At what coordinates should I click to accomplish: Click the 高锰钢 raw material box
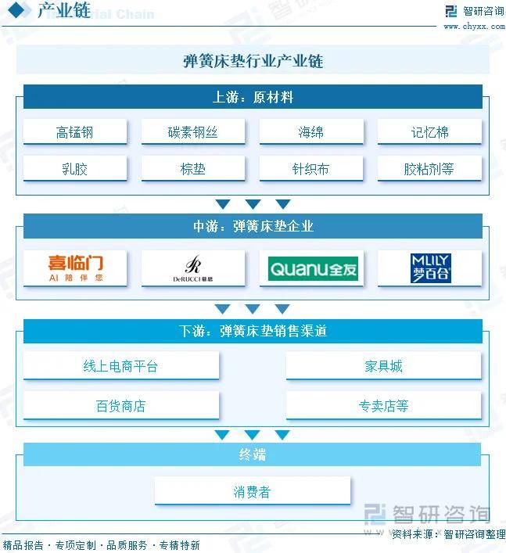click(74, 132)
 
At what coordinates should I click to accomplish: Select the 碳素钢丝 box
click(192, 132)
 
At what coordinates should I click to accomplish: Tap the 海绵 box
click(310, 132)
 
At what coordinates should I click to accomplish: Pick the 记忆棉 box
click(429, 132)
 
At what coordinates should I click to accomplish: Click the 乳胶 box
click(74, 168)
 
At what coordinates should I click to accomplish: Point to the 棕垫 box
click(192, 168)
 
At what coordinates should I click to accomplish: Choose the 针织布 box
click(310, 168)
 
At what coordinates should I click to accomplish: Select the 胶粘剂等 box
click(429, 168)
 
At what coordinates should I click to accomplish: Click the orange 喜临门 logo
click(75, 268)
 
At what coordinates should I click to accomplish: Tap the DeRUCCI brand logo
click(192, 268)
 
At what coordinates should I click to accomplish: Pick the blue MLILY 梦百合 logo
click(430, 268)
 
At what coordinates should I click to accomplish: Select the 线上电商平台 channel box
click(120, 366)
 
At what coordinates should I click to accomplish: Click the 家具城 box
click(383, 366)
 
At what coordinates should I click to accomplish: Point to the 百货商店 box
click(120, 406)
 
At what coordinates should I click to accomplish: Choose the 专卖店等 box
click(383, 406)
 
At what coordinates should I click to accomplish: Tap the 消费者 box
click(252, 492)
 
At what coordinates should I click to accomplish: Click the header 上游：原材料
click(253, 97)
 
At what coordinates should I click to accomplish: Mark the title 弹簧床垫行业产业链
click(253, 60)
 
